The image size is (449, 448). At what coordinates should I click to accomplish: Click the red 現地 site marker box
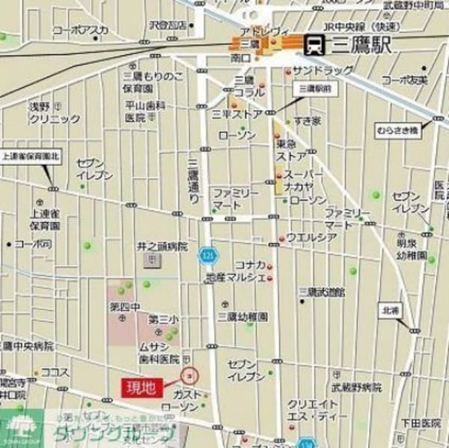140,387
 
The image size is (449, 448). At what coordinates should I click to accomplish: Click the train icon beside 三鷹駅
314,46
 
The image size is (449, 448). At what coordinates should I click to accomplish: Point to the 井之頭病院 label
162,246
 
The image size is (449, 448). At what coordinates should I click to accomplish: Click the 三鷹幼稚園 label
242,317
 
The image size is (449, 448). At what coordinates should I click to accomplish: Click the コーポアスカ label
80,30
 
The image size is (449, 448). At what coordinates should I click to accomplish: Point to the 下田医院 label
420,423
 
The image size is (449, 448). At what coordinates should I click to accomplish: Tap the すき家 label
307,121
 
